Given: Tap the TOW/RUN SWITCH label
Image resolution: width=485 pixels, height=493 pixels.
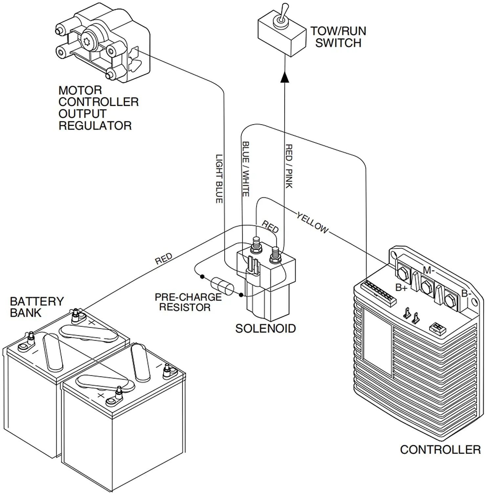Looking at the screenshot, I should point(338,37).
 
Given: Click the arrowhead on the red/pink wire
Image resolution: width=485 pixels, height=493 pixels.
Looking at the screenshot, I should point(285,77).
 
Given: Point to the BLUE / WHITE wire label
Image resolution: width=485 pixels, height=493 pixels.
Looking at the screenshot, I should point(246,169).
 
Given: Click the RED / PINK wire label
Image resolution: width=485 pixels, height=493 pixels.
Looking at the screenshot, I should point(289,166).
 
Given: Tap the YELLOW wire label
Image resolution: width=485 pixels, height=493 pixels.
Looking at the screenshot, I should point(312,223).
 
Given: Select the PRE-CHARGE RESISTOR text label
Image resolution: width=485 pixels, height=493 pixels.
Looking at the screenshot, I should point(188,302).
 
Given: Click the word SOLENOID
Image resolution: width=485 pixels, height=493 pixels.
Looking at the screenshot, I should point(265,328).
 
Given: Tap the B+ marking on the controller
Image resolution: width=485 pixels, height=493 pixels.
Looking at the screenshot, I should point(401,288).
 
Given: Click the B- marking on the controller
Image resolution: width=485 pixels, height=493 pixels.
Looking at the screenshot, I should point(466,293).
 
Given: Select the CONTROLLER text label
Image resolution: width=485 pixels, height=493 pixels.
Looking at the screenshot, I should point(440,450).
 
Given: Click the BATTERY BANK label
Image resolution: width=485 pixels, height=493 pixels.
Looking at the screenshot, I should point(36,307).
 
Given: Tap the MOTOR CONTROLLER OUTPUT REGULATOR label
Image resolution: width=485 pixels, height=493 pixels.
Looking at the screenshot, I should point(98,108).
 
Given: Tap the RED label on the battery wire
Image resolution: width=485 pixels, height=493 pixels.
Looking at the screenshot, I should point(164,259).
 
